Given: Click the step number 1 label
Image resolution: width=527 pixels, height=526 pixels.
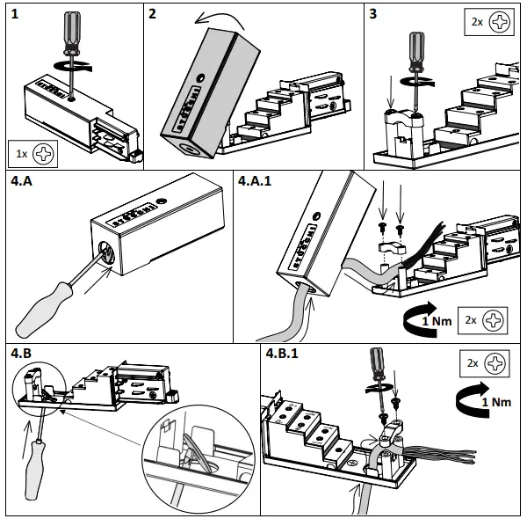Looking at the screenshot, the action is click(14, 14).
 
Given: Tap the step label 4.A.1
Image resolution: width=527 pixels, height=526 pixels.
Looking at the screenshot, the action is click(255, 180).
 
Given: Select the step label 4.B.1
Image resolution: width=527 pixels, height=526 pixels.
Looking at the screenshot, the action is click(282, 354).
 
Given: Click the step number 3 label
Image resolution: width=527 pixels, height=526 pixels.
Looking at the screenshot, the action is click(373, 14).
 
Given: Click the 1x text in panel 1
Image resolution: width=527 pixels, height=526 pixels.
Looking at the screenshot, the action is click(21, 154).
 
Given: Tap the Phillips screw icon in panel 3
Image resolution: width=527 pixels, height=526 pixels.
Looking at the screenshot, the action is click(499, 22).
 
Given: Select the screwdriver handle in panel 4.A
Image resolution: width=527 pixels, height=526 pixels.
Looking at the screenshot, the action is click(44, 310).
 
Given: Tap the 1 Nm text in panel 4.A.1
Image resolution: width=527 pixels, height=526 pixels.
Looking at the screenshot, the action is click(437, 321).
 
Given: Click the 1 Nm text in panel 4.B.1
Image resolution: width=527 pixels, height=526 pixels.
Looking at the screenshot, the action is click(496, 402).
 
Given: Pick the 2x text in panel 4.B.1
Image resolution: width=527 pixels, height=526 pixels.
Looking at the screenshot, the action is click(473, 363).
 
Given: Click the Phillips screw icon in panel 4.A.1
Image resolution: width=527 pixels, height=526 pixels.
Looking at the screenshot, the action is click(493, 320).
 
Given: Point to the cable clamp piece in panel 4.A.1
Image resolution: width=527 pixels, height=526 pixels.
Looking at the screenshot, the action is click(392, 248).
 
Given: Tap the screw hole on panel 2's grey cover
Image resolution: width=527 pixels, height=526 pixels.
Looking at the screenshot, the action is click(200, 78).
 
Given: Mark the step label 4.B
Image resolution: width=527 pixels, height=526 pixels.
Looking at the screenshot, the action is click(21, 354).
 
